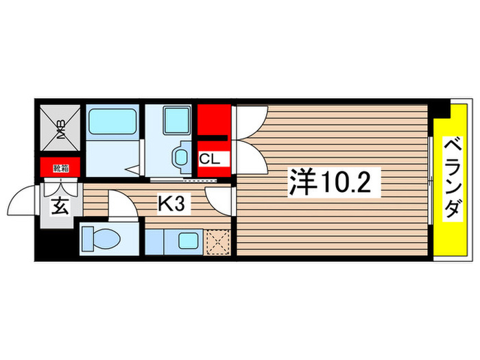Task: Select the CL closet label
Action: coord(209,160)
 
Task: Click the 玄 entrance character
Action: coord(60,206)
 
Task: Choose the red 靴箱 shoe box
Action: coord(60,165)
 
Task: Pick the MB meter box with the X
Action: coord(60,128)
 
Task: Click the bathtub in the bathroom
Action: coord(113,122)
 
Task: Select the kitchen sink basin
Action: coord(186,241)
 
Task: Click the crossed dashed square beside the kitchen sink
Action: coord(219,241)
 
